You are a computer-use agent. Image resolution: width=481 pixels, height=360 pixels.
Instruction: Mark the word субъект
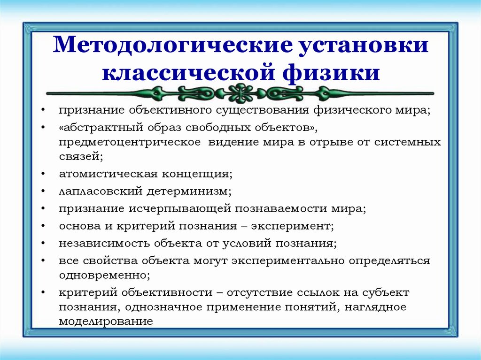[386, 292]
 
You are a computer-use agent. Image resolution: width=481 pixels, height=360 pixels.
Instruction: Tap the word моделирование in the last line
[106, 322]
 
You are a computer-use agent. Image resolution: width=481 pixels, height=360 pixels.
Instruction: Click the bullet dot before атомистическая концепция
[42, 174]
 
